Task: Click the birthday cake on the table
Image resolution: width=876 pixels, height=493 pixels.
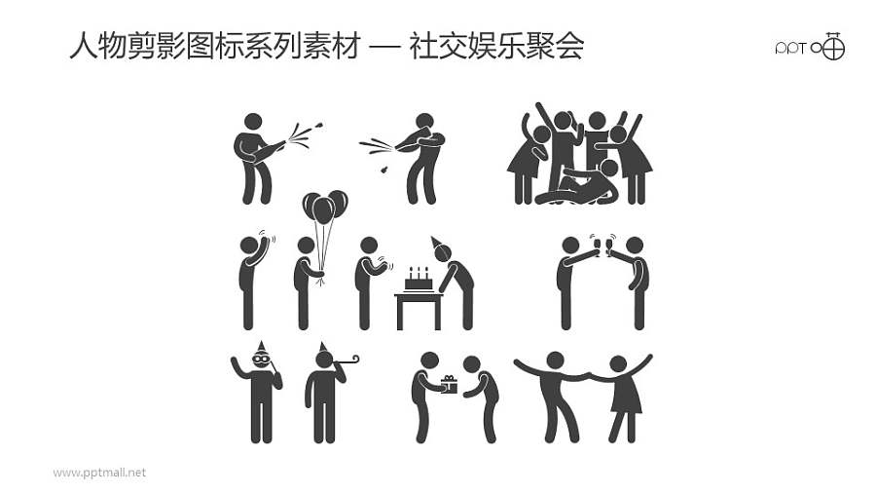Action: [x=419, y=281]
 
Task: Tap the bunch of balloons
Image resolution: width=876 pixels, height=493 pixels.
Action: [x=324, y=208]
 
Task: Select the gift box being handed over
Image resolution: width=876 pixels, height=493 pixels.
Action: [x=449, y=384]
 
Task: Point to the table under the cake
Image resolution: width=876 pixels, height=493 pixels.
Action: [x=418, y=306]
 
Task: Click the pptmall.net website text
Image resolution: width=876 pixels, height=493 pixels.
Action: [x=99, y=473]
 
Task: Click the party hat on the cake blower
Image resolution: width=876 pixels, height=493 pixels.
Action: [x=437, y=242]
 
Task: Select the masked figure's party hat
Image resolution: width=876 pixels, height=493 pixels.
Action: [x=261, y=347]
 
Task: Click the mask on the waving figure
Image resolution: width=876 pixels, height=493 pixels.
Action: [x=261, y=360]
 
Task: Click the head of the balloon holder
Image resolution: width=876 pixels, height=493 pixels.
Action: [x=306, y=246]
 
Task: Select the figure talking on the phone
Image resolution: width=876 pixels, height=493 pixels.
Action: [x=250, y=282]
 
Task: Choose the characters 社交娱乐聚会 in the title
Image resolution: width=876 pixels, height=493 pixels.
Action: [x=496, y=46]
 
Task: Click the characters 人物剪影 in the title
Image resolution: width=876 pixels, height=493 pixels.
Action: [x=112, y=46]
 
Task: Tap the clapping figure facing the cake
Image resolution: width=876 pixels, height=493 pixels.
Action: [x=367, y=282]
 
